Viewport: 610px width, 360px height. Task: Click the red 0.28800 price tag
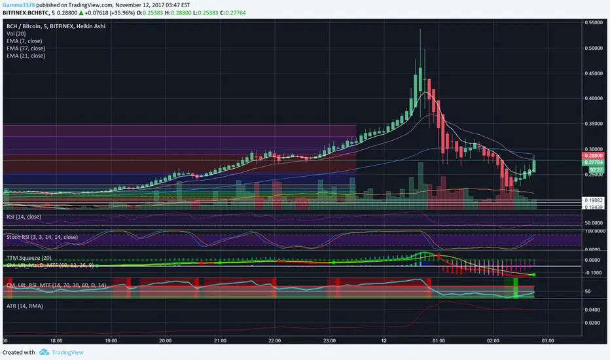click(x=593, y=155)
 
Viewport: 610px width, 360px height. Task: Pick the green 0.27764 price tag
click(x=593, y=162)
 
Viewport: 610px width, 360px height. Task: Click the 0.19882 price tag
click(x=593, y=200)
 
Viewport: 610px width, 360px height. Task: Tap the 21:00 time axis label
click(x=220, y=341)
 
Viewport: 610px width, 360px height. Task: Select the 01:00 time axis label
click(x=439, y=341)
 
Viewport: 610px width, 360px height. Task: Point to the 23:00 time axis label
click(x=329, y=341)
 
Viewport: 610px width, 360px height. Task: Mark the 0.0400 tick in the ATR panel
click(x=593, y=310)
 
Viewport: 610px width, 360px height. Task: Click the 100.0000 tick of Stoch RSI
click(x=593, y=231)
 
